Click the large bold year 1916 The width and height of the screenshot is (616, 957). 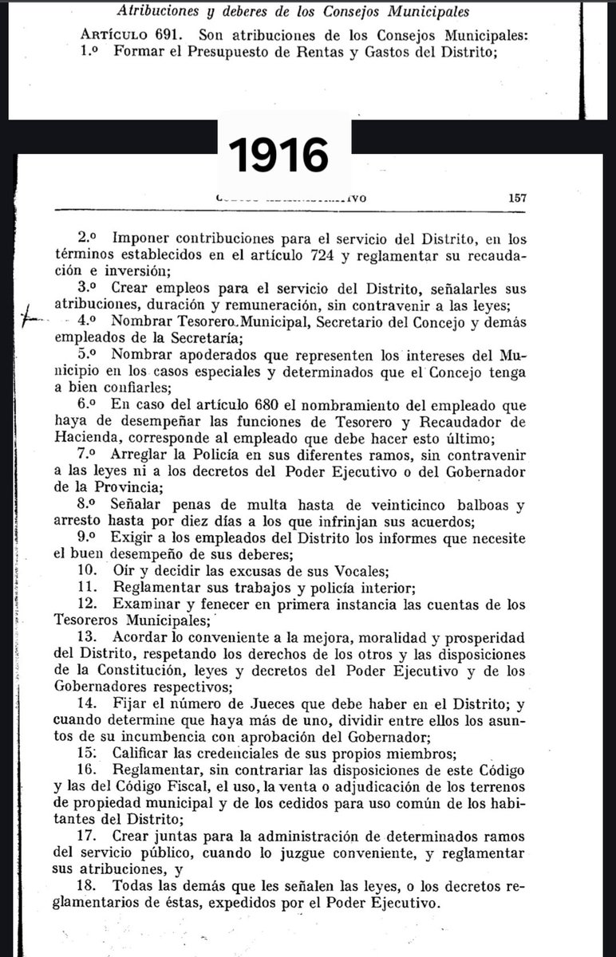(x=279, y=155)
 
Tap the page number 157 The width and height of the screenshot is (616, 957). (x=517, y=199)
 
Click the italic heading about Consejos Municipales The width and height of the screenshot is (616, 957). (x=293, y=12)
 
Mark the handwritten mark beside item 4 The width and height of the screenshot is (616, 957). (x=31, y=317)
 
